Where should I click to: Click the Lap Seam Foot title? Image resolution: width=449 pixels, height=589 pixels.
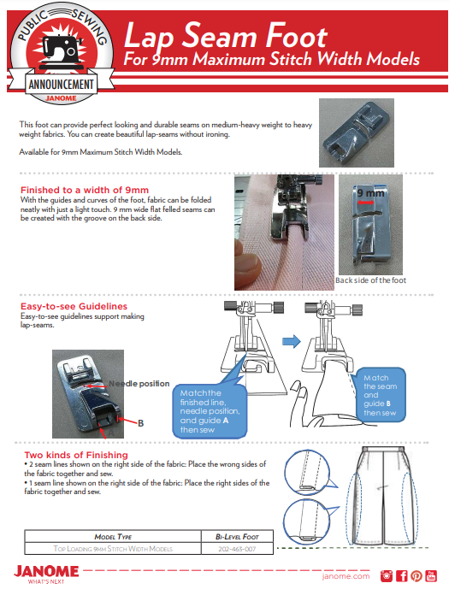[x=226, y=36]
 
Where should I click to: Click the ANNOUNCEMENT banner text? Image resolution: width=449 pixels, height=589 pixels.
[x=62, y=84]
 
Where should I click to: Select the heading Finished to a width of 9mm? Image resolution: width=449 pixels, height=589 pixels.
[x=85, y=190]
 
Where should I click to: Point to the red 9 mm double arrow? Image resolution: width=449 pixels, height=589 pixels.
[x=365, y=203]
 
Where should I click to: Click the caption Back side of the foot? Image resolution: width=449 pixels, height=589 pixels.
[x=370, y=280]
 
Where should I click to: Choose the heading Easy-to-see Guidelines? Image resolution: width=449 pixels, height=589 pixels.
[x=74, y=306]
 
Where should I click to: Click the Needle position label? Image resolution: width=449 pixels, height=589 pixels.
[x=139, y=384]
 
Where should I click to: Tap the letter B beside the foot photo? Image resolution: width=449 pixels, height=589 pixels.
[x=140, y=423]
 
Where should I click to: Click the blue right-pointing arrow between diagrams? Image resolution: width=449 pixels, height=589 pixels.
[x=292, y=341]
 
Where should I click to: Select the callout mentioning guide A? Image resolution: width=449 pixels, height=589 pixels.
[x=210, y=411]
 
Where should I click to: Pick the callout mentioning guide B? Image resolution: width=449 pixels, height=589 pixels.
[x=380, y=395]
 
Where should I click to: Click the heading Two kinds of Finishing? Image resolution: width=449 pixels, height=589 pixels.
[x=76, y=456]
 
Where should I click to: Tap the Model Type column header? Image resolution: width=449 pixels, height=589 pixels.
[x=113, y=537]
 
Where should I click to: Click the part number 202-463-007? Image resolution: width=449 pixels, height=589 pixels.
[x=237, y=549]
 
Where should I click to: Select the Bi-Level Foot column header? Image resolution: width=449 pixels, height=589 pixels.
[x=237, y=537]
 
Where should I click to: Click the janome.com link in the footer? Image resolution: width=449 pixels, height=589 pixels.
[x=346, y=576]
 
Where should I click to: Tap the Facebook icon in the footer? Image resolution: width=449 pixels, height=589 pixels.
[x=402, y=576]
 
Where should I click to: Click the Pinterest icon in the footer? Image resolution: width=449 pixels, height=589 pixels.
[x=417, y=576]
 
